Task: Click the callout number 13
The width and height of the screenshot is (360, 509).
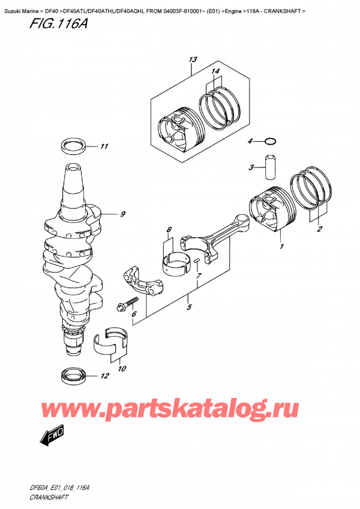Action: (192, 59)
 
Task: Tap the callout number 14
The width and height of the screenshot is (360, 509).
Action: (215, 71)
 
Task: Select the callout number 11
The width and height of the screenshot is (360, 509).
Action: (104, 146)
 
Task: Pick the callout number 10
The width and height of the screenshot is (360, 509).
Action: (122, 369)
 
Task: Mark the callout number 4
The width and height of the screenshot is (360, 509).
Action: (250, 141)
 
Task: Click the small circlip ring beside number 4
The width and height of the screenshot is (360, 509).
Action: (271, 142)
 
